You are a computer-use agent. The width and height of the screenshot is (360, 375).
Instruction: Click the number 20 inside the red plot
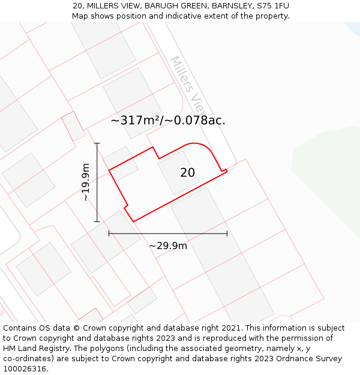click(187, 173)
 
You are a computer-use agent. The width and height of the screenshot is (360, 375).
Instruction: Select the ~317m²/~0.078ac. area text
click(168, 120)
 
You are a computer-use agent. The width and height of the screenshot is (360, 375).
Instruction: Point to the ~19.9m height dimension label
click(86, 182)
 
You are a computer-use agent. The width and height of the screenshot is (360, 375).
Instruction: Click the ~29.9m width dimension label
click(168, 245)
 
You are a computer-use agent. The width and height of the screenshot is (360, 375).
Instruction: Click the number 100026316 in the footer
click(25, 369)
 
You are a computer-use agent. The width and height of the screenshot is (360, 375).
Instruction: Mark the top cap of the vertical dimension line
click(97, 143)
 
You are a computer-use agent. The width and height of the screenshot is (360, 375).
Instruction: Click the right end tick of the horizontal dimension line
click(227, 233)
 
